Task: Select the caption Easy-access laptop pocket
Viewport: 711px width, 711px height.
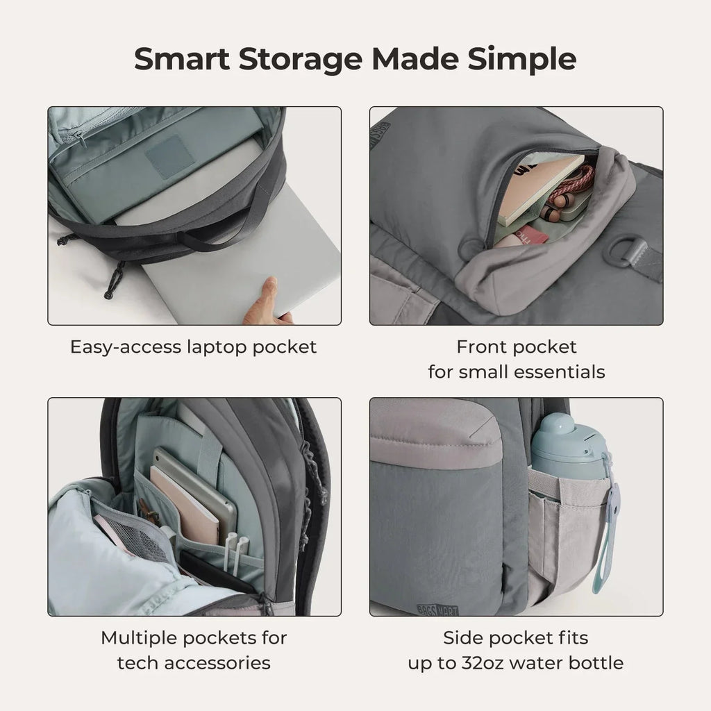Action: pos(193,346)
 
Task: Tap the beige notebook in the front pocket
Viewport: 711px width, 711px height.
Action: pos(538,187)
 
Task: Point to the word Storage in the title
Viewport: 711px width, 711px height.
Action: pos(301,59)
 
